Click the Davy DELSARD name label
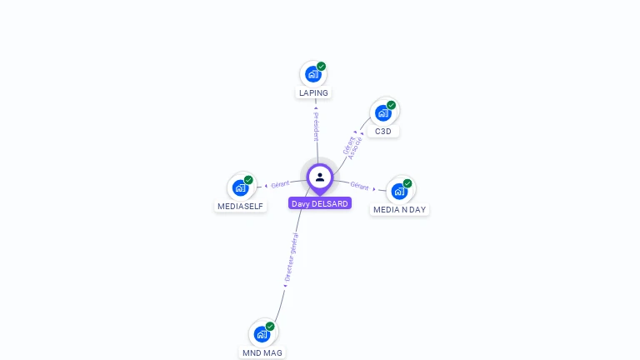pyautogui.click(x=320, y=203)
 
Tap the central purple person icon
pyautogui.click(x=320, y=177)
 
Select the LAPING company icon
pyautogui.click(x=312, y=74)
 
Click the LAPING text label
pyautogui.click(x=313, y=92)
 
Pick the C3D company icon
pyautogui.click(x=382, y=112)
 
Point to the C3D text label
pyautogui.click(x=383, y=131)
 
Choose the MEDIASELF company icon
pyautogui.click(x=240, y=187)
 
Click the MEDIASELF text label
pyautogui.click(x=241, y=206)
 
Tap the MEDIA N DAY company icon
pyautogui.click(x=399, y=191)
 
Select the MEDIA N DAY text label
pyautogui.click(x=399, y=209)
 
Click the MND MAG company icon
pyautogui.click(x=262, y=334)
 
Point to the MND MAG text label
pyautogui.click(x=262, y=352)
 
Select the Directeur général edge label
pyautogui.click(x=289, y=258)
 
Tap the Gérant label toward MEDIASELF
pyautogui.click(x=279, y=184)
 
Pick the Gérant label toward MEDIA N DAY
pyautogui.click(x=359, y=186)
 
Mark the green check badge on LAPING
pyautogui.click(x=321, y=67)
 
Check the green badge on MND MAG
pyautogui.click(x=270, y=327)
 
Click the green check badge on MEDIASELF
pyautogui.click(x=248, y=180)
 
